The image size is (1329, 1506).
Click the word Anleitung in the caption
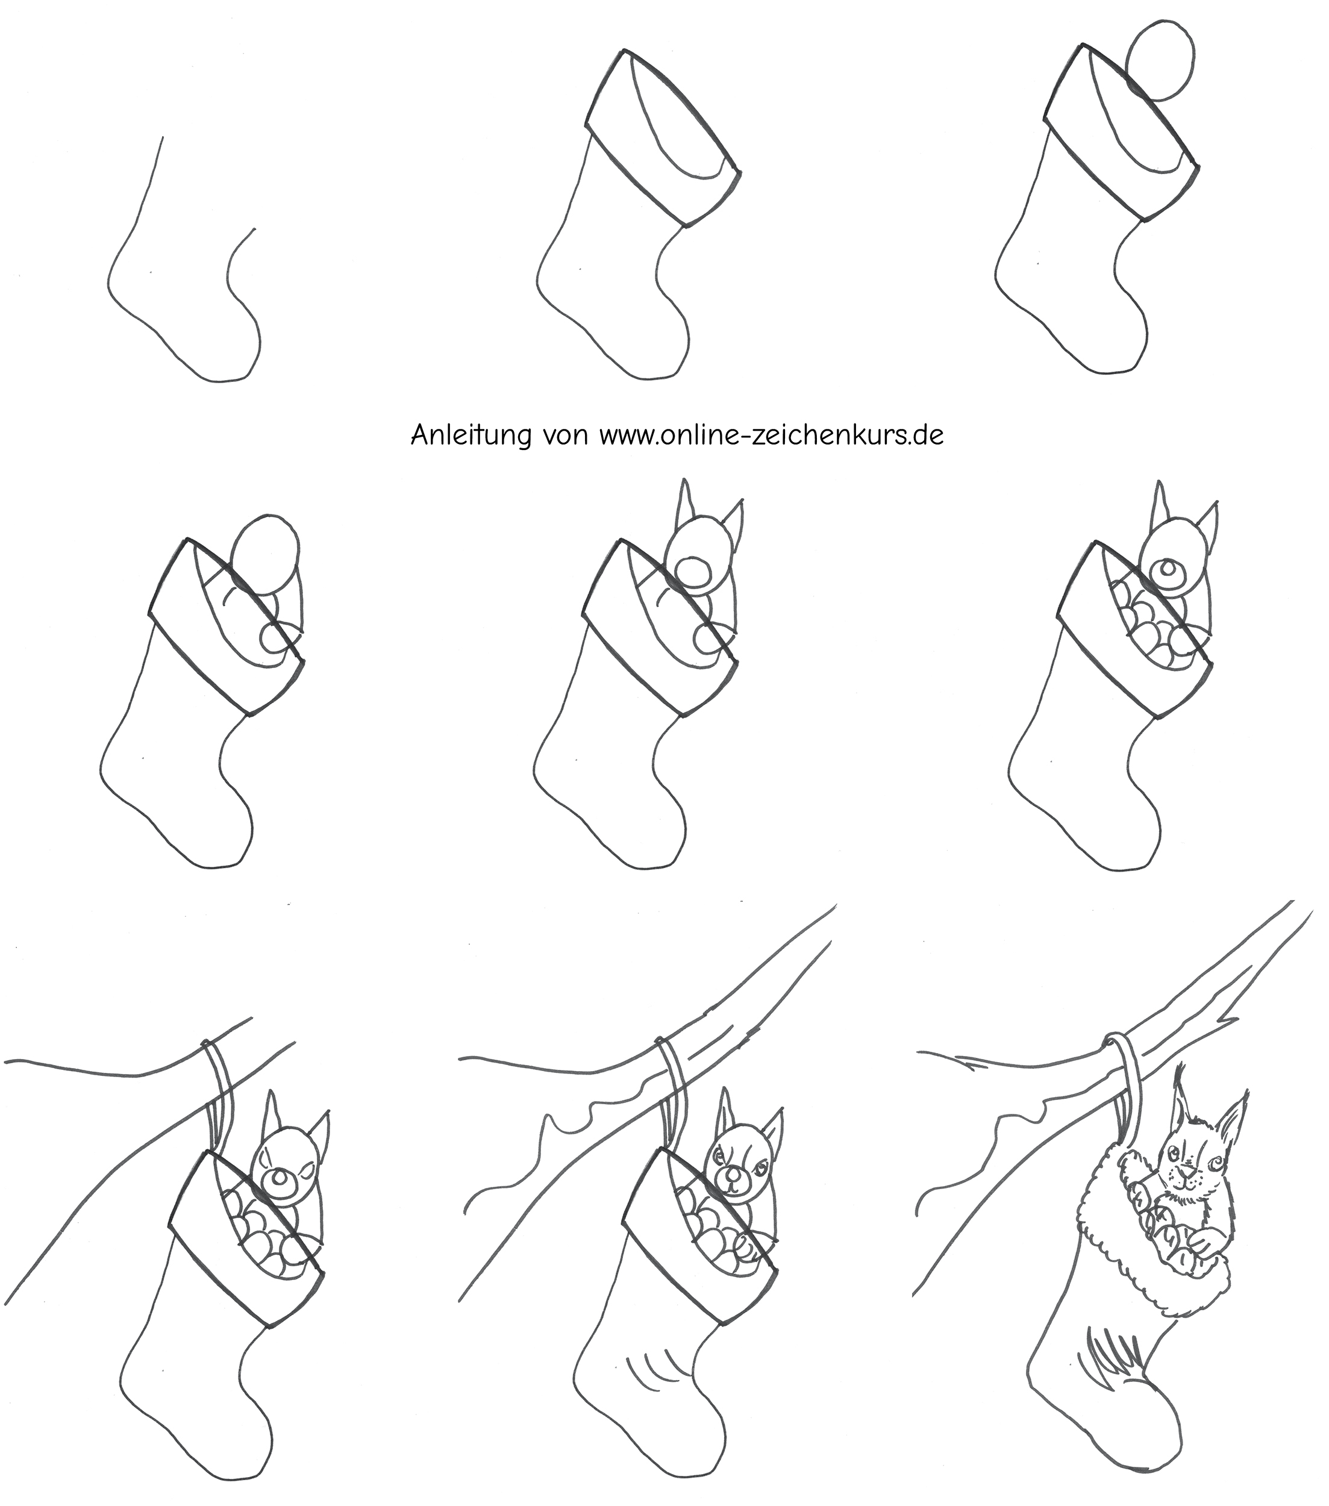click(471, 435)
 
